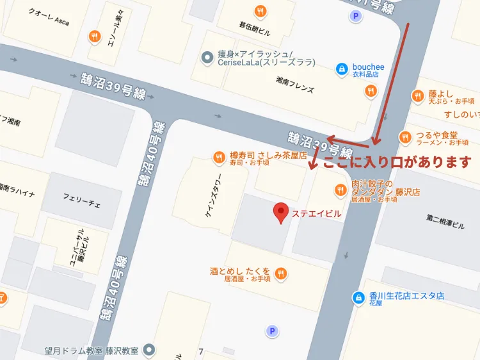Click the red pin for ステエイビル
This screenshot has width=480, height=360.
(280, 213)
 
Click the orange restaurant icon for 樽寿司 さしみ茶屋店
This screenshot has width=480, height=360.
(219, 156)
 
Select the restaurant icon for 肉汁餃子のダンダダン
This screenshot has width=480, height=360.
(340, 189)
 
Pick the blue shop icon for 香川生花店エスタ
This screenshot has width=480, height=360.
(358, 297)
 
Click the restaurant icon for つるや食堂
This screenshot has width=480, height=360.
(404, 137)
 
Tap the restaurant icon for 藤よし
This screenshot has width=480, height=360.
(417, 97)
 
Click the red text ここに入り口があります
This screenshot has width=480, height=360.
(397, 162)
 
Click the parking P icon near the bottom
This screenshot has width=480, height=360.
(272, 331)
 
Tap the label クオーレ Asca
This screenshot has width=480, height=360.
(49, 17)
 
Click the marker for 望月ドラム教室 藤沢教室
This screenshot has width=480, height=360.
(150, 350)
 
